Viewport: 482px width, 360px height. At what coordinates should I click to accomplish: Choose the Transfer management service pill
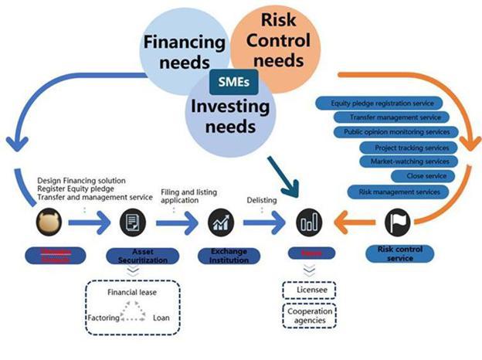(x=395, y=117)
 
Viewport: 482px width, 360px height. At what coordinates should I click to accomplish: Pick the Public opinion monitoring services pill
(x=402, y=132)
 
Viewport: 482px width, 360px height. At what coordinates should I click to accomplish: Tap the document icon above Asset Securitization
(x=133, y=224)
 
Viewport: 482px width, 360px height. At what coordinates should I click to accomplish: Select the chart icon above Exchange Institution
(x=219, y=224)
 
